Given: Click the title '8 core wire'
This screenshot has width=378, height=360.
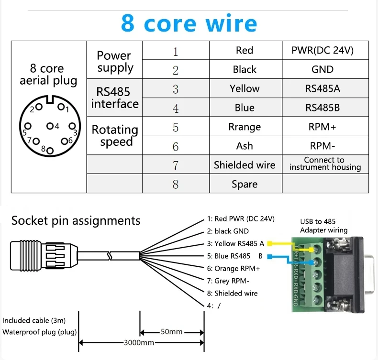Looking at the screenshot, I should tap(189, 22).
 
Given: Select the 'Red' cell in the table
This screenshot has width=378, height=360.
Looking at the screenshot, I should tap(245, 50).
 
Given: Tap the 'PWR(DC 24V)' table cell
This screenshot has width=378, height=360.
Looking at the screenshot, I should tap(322, 50).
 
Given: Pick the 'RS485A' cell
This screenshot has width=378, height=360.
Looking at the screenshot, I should tap(322, 88).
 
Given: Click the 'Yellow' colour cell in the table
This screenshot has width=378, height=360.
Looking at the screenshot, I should tap(245, 88).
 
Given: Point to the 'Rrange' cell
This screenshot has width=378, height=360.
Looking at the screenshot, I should tap(245, 127).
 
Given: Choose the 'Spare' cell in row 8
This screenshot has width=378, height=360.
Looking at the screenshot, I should tap(245, 184).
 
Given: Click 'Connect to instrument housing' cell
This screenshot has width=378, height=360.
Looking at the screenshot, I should tap(324, 164).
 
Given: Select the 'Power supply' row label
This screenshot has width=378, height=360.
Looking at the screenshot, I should tap(114, 61).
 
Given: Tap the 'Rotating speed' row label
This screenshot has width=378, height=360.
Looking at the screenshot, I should tap(115, 136).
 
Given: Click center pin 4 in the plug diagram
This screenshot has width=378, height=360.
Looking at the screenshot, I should tap(49, 126).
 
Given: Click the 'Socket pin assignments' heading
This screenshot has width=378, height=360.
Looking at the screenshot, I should tap(76, 220).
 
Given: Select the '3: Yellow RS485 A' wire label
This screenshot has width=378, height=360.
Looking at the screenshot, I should tap(235, 244).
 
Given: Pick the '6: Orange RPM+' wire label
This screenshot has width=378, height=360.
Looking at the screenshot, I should tap(234, 269).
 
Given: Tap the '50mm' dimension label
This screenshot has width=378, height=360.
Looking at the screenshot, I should tap(171, 332).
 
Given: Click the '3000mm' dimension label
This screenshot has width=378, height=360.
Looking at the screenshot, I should tap(139, 342).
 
